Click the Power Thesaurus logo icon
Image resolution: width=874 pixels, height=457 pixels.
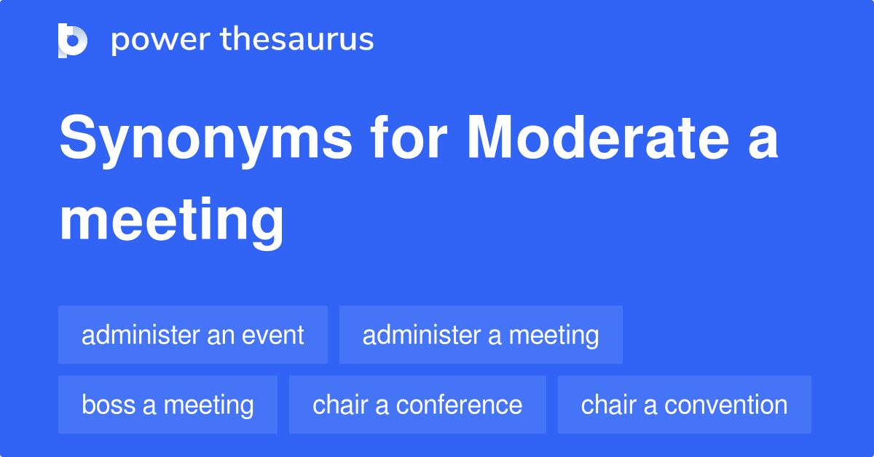[x=73, y=40]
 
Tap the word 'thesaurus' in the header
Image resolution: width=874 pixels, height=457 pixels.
[x=297, y=40]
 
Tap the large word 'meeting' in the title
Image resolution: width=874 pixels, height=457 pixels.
[x=172, y=221]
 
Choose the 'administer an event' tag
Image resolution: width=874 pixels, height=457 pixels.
[x=193, y=335]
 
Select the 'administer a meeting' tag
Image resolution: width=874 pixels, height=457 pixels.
[x=481, y=335]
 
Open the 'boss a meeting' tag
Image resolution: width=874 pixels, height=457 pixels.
[x=168, y=405]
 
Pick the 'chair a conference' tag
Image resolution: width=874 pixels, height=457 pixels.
[x=417, y=405]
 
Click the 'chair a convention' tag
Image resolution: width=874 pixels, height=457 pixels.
[x=685, y=405]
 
